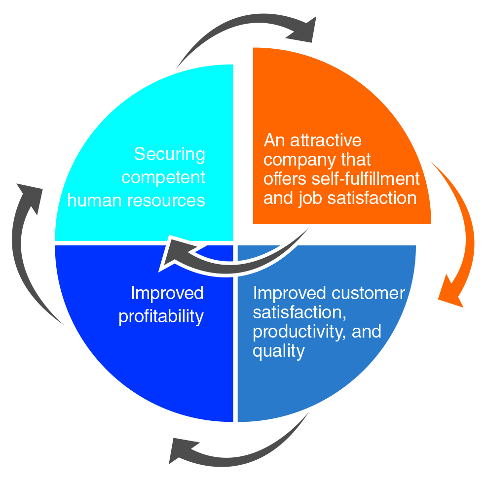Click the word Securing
coord(169,155)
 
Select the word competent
coord(163,177)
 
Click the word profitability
coord(161,316)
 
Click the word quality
coord(278,351)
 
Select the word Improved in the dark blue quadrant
coord(167,293)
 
